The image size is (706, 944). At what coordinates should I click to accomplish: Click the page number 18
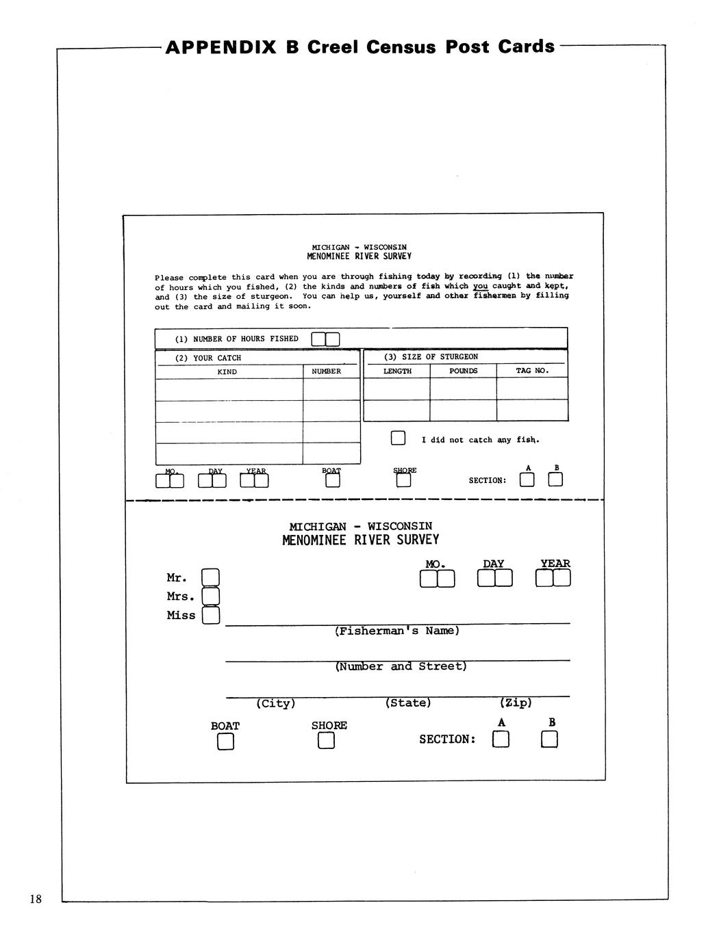pyautogui.click(x=36, y=899)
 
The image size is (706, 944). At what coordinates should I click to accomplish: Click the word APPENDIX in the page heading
pyautogui.click(x=220, y=47)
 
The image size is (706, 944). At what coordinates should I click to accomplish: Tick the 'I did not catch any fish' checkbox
pyautogui.click(x=398, y=438)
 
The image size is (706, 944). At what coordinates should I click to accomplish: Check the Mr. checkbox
pyautogui.click(x=211, y=578)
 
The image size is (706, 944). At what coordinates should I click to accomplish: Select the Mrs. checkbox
pyautogui.click(x=211, y=596)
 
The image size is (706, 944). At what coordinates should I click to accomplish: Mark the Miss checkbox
pyautogui.click(x=211, y=616)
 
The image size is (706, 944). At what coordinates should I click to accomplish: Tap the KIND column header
pyautogui.click(x=227, y=372)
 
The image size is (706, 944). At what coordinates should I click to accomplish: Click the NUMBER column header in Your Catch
pyautogui.click(x=326, y=371)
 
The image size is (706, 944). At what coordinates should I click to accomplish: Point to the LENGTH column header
pyautogui.click(x=397, y=371)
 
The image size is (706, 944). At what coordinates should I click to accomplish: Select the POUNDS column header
pyautogui.click(x=464, y=371)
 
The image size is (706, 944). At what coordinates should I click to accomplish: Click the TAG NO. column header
pyautogui.click(x=532, y=371)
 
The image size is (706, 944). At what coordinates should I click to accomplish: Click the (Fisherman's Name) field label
pyautogui.click(x=397, y=631)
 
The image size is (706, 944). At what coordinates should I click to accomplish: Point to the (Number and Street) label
pyautogui.click(x=401, y=666)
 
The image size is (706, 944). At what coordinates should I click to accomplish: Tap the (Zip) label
pyautogui.click(x=516, y=703)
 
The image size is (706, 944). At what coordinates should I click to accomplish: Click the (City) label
pyautogui.click(x=276, y=703)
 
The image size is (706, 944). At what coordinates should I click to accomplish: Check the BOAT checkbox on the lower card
pyautogui.click(x=225, y=742)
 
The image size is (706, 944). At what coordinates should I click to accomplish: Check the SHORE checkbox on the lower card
pyautogui.click(x=326, y=741)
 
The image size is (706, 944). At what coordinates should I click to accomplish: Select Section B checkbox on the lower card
pyautogui.click(x=550, y=739)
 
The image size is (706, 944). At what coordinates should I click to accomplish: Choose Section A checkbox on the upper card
pyautogui.click(x=527, y=480)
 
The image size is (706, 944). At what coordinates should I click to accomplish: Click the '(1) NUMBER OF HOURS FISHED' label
pyautogui.click(x=237, y=339)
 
